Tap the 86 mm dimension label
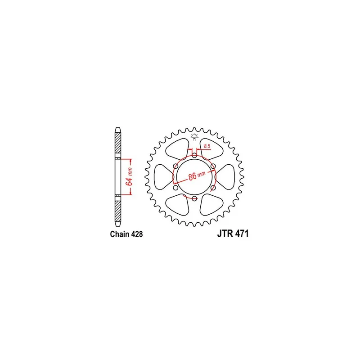click(x=197, y=174)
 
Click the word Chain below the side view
click(x=119, y=234)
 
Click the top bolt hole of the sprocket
click(x=194, y=155)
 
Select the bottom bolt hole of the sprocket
click(x=194, y=198)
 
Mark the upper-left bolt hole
click(x=175, y=166)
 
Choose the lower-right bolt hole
click(x=213, y=188)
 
